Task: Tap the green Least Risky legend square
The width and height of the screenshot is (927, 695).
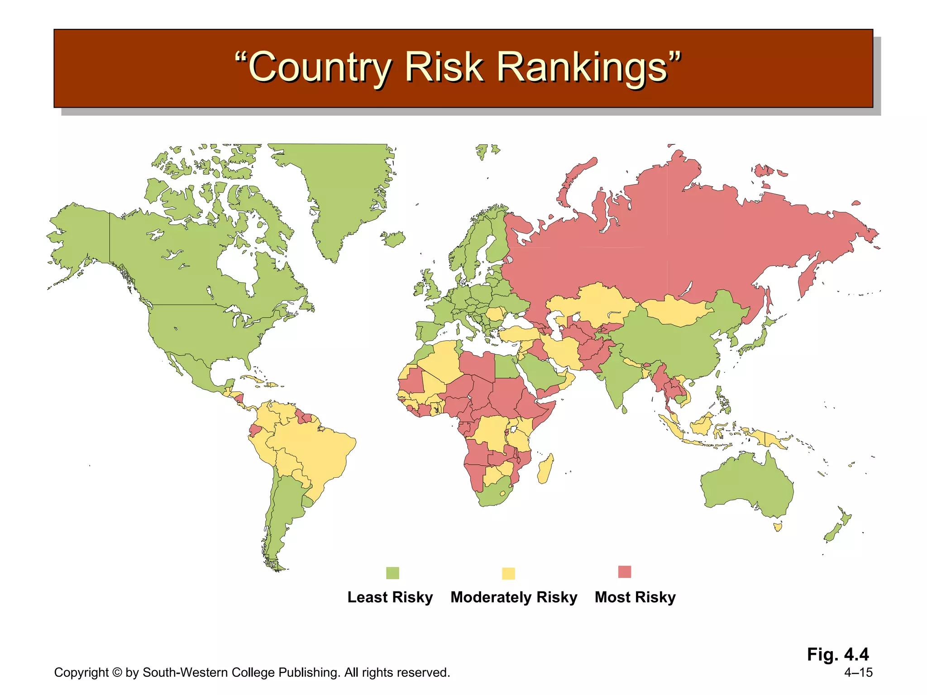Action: coord(392,573)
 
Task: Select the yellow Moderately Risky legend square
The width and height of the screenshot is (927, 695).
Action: coord(508,573)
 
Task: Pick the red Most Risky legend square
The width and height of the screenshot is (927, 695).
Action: coord(624,572)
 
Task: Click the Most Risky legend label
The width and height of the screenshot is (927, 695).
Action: coord(635,597)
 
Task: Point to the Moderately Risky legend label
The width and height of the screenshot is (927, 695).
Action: coord(514,597)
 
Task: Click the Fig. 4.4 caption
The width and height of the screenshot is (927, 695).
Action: coord(838,654)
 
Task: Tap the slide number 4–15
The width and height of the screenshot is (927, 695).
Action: coord(858,672)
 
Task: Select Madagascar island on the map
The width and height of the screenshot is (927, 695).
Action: coord(546,469)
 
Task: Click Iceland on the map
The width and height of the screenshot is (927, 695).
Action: coord(393,238)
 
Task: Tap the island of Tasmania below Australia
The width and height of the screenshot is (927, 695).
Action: coord(778,527)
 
